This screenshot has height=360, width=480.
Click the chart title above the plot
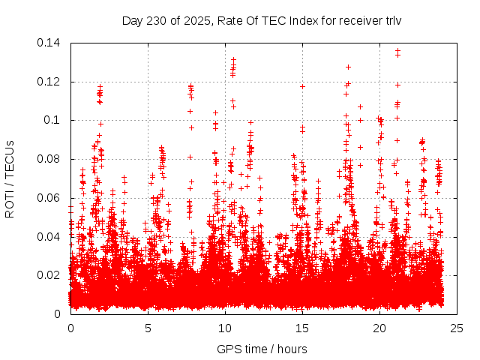(x=262, y=20)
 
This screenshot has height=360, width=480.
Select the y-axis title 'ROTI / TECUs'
(x=10, y=178)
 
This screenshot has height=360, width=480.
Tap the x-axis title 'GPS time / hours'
(x=262, y=349)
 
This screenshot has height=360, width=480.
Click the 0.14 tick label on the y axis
(x=50, y=43)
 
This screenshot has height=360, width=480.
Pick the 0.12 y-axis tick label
(x=50, y=82)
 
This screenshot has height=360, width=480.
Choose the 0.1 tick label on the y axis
(x=54, y=120)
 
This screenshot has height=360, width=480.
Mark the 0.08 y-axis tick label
(x=50, y=159)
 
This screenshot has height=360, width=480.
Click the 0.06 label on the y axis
(x=50, y=198)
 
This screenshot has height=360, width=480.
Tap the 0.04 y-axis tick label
(x=50, y=237)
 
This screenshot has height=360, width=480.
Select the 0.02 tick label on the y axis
(x=50, y=275)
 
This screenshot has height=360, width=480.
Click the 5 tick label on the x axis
(x=148, y=328)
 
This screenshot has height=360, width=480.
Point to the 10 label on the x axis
(x=225, y=328)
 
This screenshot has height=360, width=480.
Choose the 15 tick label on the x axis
(x=302, y=328)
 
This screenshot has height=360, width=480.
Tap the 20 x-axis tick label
(x=379, y=328)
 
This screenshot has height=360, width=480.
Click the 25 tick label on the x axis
(x=457, y=328)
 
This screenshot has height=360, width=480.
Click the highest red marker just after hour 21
(x=397, y=50)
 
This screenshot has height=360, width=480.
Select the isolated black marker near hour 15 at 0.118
(x=302, y=86)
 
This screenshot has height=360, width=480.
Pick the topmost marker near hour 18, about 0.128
(x=348, y=67)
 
